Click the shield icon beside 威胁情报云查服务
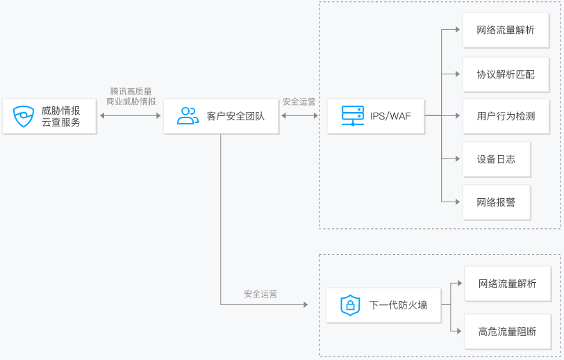(x=24, y=116)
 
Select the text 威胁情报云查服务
(x=61, y=116)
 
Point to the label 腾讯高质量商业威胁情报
(x=131, y=97)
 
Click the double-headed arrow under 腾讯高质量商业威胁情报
(x=130, y=115)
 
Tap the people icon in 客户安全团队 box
(x=188, y=116)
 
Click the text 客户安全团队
(x=235, y=116)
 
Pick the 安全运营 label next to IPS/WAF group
(x=299, y=102)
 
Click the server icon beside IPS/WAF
(x=353, y=115)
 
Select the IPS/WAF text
(x=390, y=116)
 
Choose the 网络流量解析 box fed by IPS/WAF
(x=506, y=30)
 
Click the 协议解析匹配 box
(x=506, y=74)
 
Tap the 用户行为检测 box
(x=506, y=116)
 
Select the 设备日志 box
(x=497, y=159)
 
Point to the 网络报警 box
(x=497, y=202)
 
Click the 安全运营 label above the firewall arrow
(x=260, y=294)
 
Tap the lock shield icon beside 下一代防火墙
(x=350, y=305)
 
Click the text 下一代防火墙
(x=398, y=305)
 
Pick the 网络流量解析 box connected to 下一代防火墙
(x=508, y=284)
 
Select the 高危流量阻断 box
(x=508, y=332)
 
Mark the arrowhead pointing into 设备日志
(x=458, y=158)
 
